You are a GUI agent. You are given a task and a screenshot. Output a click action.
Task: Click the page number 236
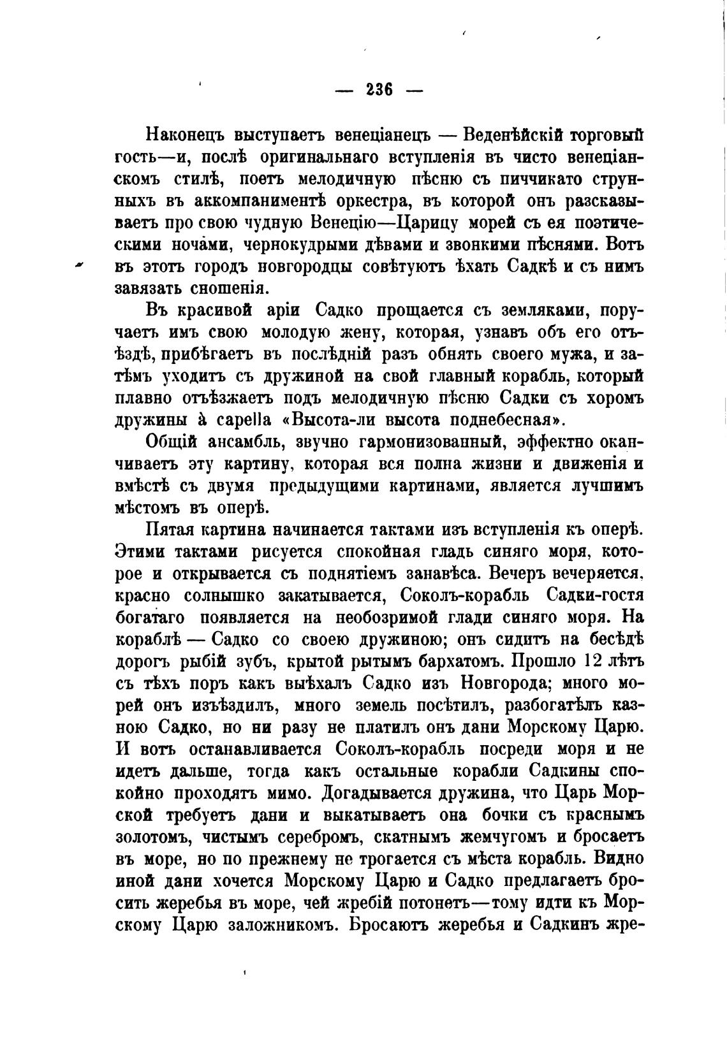379,90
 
